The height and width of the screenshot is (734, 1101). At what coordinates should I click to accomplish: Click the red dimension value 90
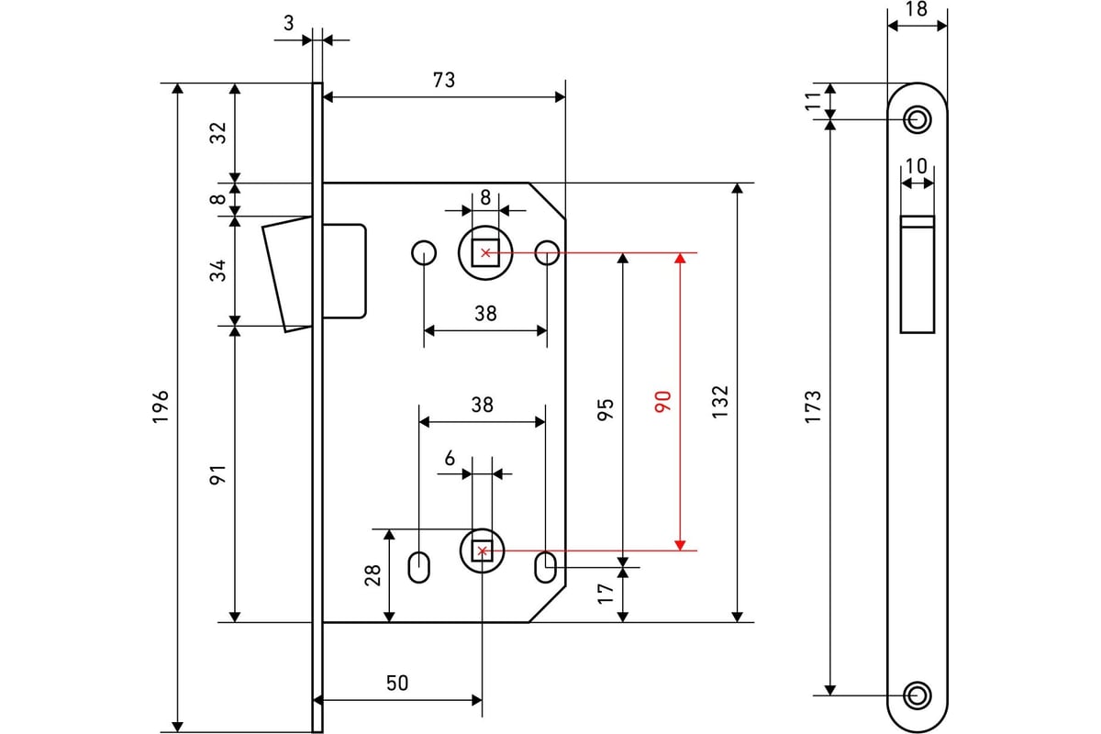tap(662, 401)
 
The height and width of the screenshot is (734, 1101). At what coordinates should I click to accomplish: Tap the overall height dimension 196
tap(161, 406)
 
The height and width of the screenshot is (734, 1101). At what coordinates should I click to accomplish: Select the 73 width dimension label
tap(444, 80)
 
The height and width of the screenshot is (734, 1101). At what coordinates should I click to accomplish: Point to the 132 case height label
tap(720, 402)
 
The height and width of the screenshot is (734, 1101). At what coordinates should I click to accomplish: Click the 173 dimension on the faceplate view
tap(813, 406)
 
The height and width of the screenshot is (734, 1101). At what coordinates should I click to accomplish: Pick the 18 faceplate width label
tap(917, 9)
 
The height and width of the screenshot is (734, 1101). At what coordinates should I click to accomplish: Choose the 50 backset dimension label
tap(397, 683)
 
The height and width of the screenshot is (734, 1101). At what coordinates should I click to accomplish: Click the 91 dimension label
tap(217, 474)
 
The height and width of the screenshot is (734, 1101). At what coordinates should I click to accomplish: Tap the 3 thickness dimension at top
tap(288, 23)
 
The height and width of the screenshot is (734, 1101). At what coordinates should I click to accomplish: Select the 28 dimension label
tap(373, 575)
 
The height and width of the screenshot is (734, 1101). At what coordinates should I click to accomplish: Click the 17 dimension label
tap(606, 594)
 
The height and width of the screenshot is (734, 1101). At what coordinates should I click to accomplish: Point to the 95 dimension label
tap(606, 409)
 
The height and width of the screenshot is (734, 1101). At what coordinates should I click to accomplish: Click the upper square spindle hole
tap(485, 252)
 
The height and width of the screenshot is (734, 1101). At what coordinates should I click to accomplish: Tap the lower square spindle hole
tap(483, 551)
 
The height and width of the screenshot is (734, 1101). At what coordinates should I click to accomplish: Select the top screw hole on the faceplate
tap(917, 119)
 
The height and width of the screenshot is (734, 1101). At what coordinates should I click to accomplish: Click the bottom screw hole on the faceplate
tap(917, 695)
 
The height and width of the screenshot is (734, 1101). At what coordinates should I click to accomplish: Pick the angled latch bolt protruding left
tap(287, 274)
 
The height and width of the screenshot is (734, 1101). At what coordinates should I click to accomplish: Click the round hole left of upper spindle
tap(424, 253)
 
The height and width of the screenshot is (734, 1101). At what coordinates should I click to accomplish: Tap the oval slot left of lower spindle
tap(419, 568)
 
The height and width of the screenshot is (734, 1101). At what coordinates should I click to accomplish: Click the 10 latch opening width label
tap(917, 166)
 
